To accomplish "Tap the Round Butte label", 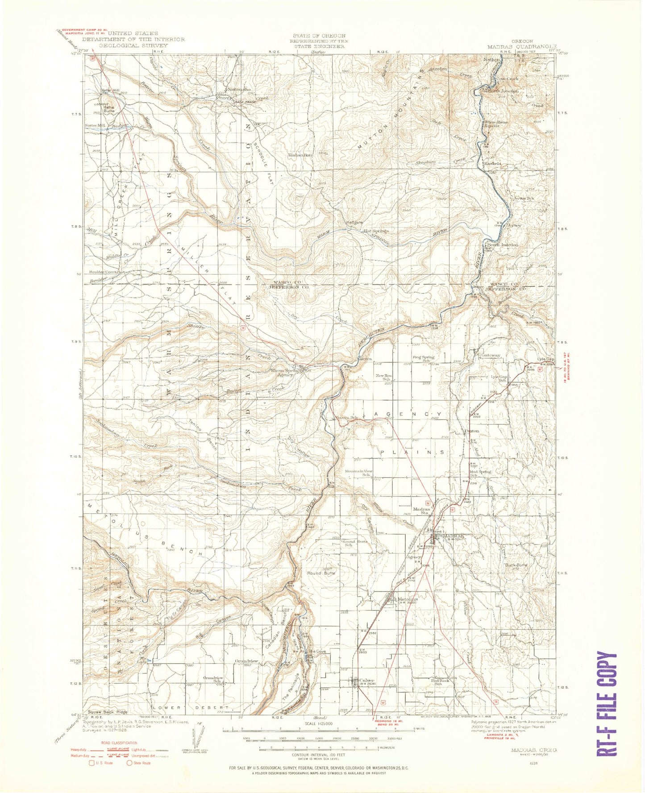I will (x=320, y=573).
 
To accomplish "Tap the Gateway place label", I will (x=491, y=355).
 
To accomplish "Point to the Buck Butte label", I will (x=516, y=565).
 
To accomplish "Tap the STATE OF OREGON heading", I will (x=319, y=36).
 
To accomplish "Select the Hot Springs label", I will (x=376, y=231).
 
